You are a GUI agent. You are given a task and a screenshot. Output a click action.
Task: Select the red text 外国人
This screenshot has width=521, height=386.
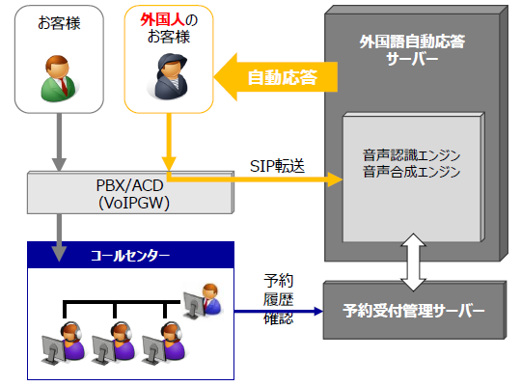pos(158,20)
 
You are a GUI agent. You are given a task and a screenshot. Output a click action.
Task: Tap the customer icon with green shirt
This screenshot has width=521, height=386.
pos(59,77)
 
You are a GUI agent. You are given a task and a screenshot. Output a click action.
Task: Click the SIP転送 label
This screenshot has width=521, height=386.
pos(278,165)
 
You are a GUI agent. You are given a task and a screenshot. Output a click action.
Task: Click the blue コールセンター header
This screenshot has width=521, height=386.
pos(129,256)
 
